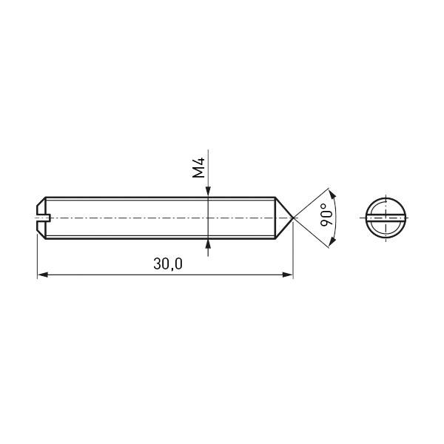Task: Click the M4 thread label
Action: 198,168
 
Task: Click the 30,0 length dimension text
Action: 168,264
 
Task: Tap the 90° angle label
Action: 327,215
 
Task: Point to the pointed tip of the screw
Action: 293,218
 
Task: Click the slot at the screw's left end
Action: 44,218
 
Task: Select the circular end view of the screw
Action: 384,218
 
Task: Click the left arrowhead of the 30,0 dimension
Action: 42,275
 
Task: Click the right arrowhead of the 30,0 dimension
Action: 288,275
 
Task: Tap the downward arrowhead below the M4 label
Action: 208,192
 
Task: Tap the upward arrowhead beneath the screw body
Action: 208,244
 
